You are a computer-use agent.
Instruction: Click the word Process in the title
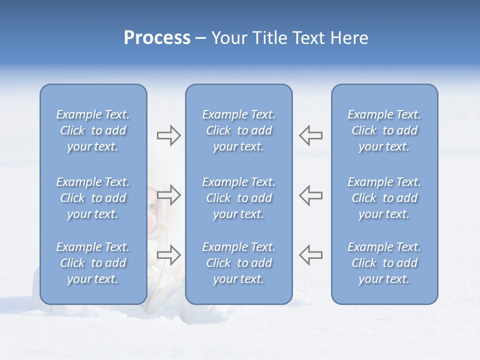pos(157,38)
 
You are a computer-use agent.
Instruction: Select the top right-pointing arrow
pos(168,135)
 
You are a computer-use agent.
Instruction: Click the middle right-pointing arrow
pos(168,195)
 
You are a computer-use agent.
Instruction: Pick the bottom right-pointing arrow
pos(168,254)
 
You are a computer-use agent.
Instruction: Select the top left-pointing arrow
pos(311,135)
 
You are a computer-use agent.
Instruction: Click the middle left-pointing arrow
pos(311,195)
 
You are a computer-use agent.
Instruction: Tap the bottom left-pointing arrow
pos(311,254)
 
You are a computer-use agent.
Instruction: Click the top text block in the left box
pos(93,130)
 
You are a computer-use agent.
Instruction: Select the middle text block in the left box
pos(93,198)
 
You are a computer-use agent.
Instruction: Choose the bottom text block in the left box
pos(93,263)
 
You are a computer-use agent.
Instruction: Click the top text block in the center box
pos(239,130)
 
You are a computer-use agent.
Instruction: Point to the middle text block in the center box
pos(239,198)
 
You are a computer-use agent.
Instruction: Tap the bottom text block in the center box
pos(239,263)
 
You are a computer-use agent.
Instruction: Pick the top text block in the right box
pos(384,130)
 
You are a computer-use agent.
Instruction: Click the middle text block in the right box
pos(384,198)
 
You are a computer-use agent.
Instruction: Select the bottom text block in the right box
pos(384,263)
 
